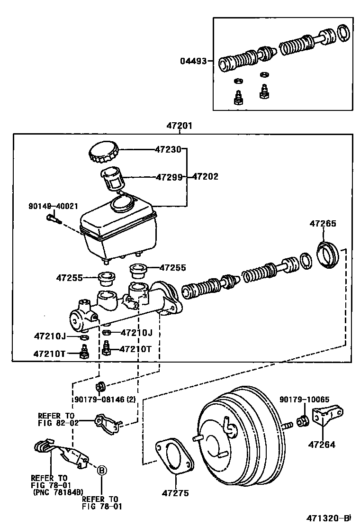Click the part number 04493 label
click(193, 61)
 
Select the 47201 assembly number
click(179, 126)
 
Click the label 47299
click(169, 177)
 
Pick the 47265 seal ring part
click(328, 254)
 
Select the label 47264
click(322, 445)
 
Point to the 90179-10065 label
click(304, 400)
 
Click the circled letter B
click(101, 470)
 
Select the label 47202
click(206, 177)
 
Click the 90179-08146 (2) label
click(105, 400)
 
